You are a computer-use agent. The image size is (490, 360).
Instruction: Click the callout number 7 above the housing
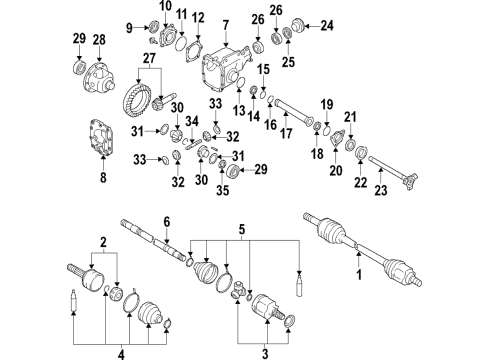[x=226, y=25]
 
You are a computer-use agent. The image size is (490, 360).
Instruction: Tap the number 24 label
[x=327, y=25]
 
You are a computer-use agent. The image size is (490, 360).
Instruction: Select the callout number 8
[x=103, y=177]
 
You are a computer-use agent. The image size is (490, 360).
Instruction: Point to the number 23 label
[x=381, y=190]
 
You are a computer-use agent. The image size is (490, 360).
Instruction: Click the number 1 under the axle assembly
[x=359, y=275]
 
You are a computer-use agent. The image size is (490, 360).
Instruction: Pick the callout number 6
[x=167, y=222]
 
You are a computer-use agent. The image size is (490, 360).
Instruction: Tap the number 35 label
[x=223, y=190]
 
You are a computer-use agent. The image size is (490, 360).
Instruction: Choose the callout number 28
[x=99, y=40]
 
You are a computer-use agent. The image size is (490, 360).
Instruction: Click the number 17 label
[x=286, y=133]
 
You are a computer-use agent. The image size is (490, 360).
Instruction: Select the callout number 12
[x=198, y=18]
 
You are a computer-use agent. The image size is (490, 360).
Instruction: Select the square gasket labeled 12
[x=194, y=52]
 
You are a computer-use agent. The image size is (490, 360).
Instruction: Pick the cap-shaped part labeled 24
[x=297, y=26]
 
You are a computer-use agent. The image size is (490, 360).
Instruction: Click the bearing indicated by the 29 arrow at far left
[x=79, y=67]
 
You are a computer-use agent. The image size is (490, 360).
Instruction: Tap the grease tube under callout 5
[x=300, y=283]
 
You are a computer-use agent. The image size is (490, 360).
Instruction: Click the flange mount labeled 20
[x=336, y=139]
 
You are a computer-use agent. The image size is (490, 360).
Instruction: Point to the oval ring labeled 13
[x=241, y=82]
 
